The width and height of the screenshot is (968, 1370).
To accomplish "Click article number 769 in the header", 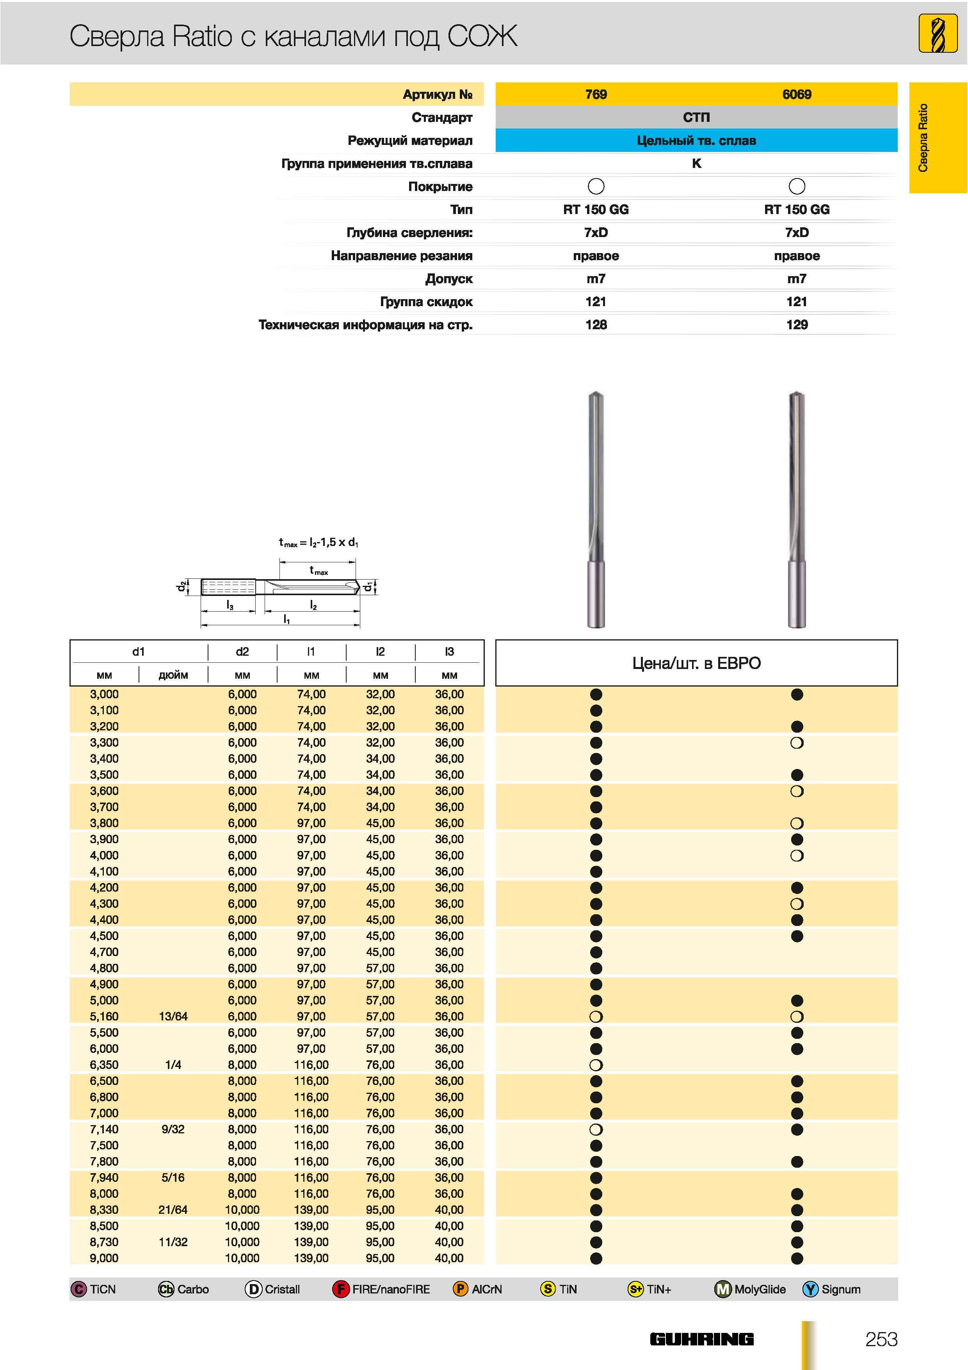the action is pos(596,94).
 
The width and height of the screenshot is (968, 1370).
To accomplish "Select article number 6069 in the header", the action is pos(797,94).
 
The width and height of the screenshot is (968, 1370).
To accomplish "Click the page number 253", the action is pos(881,1339).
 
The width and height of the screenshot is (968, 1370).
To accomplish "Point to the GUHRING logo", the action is pos(701,1340).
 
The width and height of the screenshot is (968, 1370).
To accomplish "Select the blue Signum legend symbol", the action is pos(810,1290).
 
